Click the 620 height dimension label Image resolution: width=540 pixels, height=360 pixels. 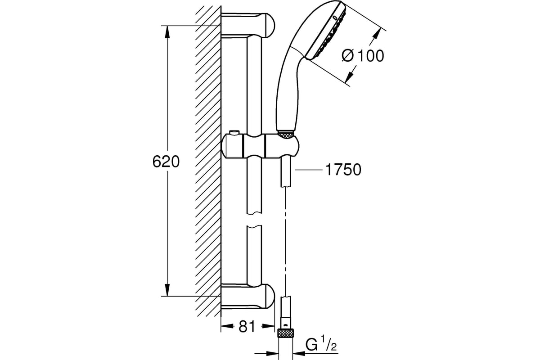coord(166,162)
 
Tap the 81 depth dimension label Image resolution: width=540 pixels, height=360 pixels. coord(247,326)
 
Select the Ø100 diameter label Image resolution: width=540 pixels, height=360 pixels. coord(363,56)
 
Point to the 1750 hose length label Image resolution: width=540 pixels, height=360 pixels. coord(342,170)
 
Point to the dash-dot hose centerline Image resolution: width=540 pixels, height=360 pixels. coord(285,243)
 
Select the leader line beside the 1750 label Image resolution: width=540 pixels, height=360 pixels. coord(308,170)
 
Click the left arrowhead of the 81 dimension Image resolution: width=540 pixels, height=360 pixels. coord(225,326)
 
